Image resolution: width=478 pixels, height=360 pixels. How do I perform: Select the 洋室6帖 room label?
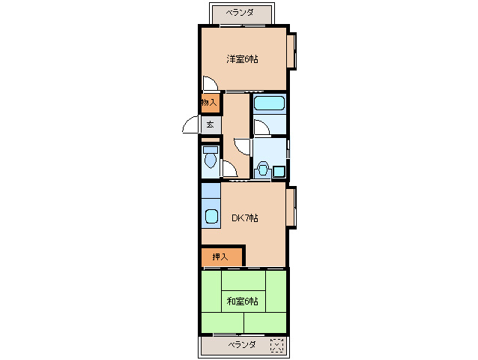point(243,59)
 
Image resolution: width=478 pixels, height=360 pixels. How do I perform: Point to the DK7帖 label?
point(244,218)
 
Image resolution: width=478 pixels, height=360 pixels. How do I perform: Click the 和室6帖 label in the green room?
point(243,301)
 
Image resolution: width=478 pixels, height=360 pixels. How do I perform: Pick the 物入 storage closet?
point(209,102)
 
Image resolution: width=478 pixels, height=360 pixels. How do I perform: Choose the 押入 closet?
point(220,257)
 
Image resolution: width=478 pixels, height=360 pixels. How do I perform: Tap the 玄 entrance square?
point(211,124)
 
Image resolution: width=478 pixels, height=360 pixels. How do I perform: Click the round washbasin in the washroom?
point(262,169)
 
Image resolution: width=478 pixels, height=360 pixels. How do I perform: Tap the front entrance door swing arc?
point(190,127)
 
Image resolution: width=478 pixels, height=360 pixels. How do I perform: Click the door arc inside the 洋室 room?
point(211,83)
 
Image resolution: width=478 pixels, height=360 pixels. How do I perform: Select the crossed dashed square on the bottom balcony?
point(276,346)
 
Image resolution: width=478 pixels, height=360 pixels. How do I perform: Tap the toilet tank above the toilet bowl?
point(209,148)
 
